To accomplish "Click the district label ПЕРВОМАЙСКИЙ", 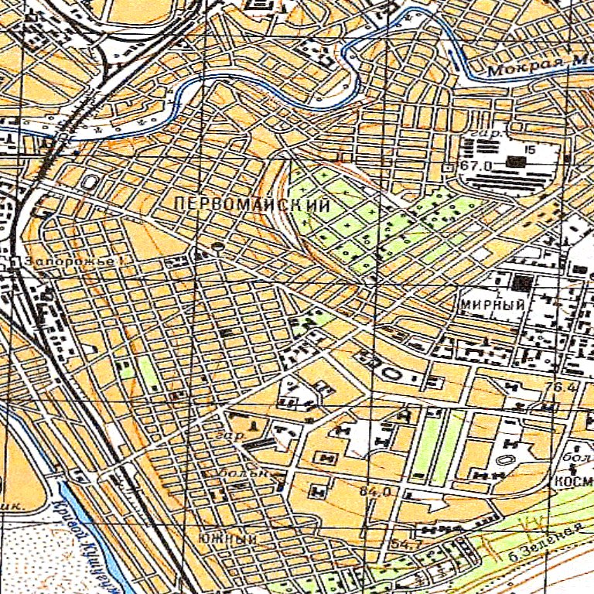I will tap(252, 206).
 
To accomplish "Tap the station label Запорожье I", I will tap(75, 262).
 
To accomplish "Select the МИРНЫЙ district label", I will tap(493, 304).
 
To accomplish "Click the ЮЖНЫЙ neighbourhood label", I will tap(227, 538).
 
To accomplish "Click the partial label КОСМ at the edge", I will tap(573, 481).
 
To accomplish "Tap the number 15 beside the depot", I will tap(530, 149).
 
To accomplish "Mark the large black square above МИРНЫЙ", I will tap(524, 283).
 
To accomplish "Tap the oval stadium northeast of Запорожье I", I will tap(90, 183).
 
